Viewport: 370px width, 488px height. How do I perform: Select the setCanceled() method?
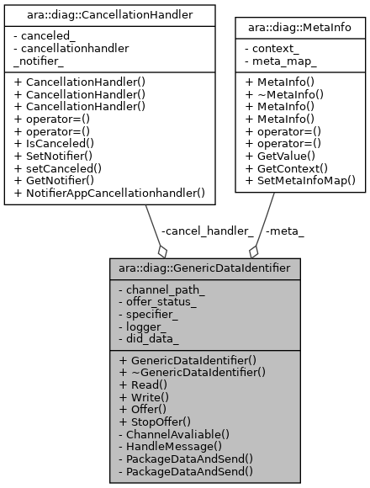pyautogui.click(x=61, y=168)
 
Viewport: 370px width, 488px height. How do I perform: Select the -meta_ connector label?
pyautogui.click(x=283, y=231)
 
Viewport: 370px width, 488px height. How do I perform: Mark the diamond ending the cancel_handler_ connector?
pyautogui.click(x=162, y=251)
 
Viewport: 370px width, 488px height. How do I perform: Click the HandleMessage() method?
pyautogui.click(x=165, y=446)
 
